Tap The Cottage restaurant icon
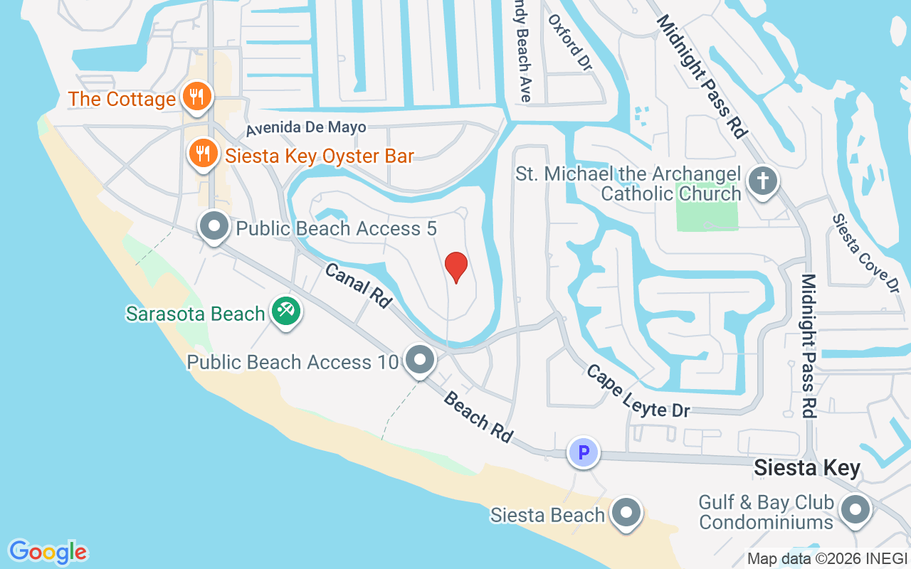[x=194, y=97]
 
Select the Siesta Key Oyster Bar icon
[x=203, y=154]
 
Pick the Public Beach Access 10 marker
[x=420, y=360]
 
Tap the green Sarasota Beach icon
[x=286, y=312]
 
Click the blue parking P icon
[x=583, y=452]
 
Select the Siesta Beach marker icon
[x=626, y=512]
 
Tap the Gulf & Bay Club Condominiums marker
[x=855, y=510]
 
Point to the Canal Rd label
[x=359, y=285]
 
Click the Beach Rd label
[x=478, y=416]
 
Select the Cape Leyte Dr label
[x=638, y=390]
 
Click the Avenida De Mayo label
[x=306, y=129]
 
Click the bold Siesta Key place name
[x=807, y=468]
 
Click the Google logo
[x=48, y=551]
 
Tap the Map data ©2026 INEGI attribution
[x=827, y=559]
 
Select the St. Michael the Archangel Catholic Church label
[x=628, y=184]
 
